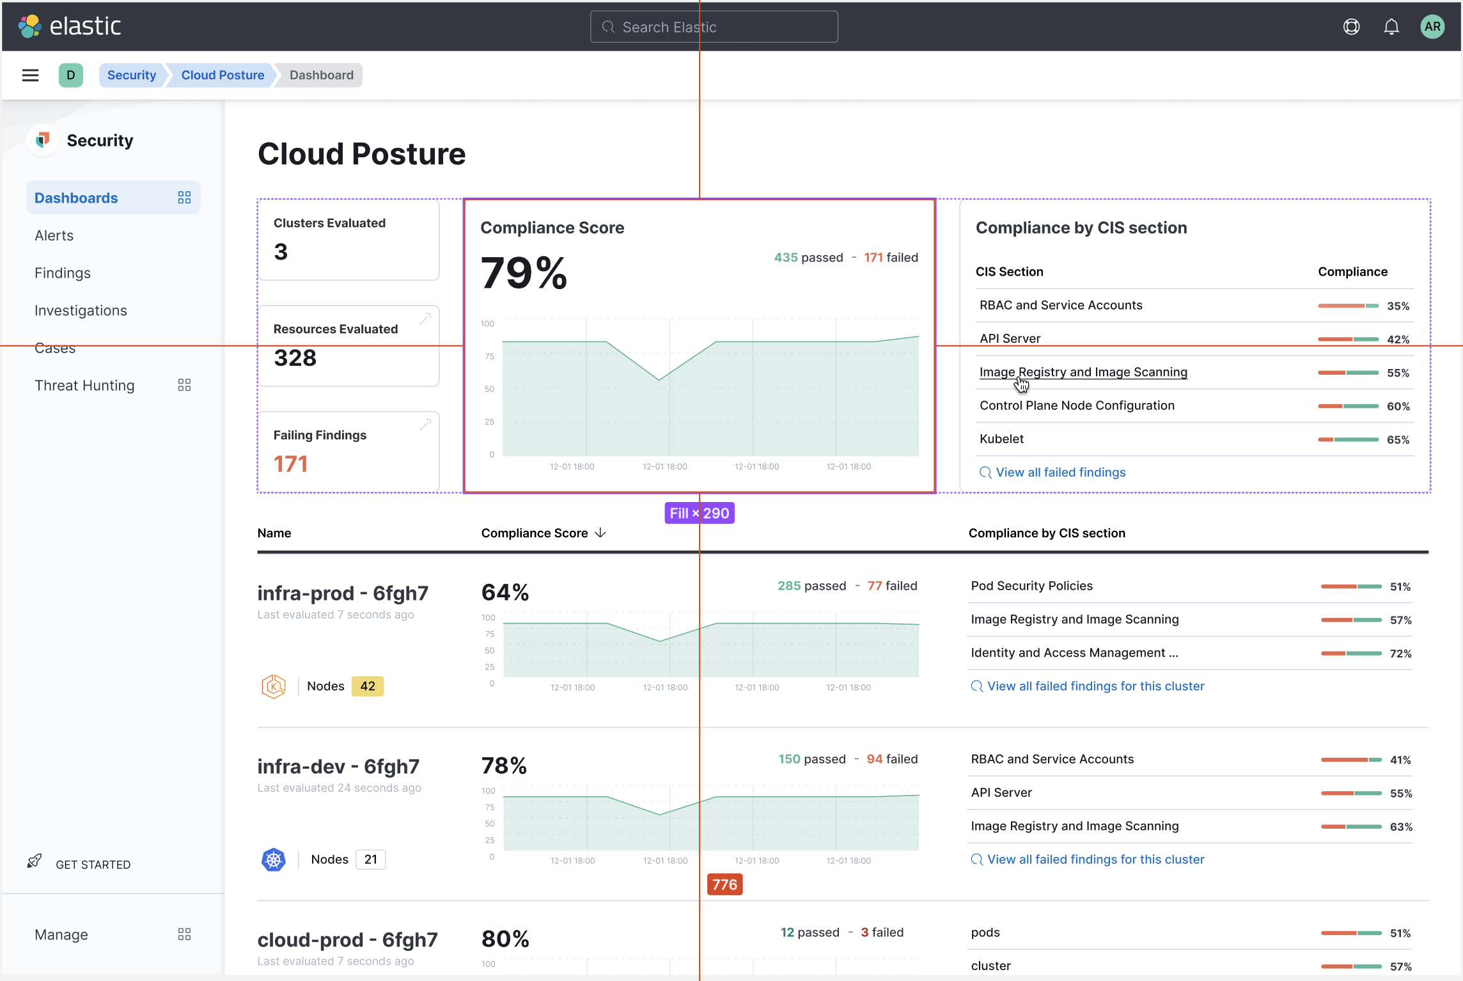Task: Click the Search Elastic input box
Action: (714, 27)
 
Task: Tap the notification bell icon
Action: (1391, 27)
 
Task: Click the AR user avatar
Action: (1432, 27)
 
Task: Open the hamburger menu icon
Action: (30, 75)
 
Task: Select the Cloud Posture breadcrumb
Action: (223, 75)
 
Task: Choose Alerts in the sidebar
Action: (54, 235)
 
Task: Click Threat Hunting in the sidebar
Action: (84, 385)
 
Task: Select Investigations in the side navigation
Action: (81, 310)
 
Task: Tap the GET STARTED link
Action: (93, 864)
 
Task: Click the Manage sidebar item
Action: (61, 934)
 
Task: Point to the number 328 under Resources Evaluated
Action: (295, 357)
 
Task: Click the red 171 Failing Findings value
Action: (291, 464)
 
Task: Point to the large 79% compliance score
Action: (524, 273)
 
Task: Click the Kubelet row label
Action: (1001, 439)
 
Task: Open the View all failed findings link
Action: (1060, 472)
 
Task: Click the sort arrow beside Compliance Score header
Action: (600, 533)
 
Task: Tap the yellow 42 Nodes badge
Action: (368, 686)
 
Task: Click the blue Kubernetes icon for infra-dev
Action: (274, 859)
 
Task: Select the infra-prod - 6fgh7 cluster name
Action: (343, 593)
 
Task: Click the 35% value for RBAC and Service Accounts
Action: (1398, 306)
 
